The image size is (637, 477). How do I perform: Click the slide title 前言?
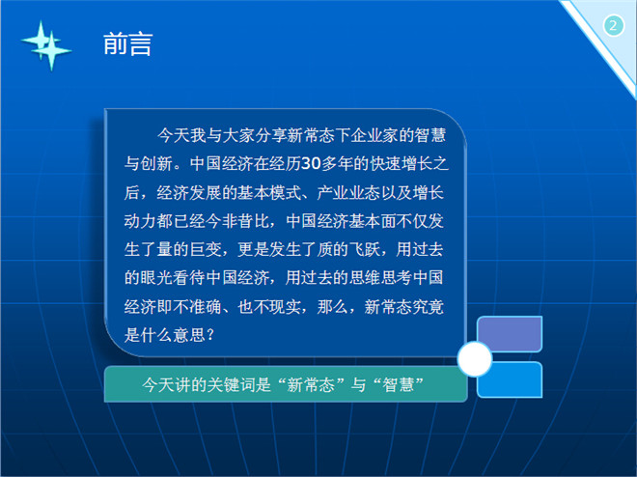pos(128,43)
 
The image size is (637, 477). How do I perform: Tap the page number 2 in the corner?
pos(614,26)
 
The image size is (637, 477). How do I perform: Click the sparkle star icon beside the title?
pos(46,45)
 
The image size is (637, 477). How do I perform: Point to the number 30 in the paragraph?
pos(311,163)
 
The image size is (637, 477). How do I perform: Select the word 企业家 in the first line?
pos(374,135)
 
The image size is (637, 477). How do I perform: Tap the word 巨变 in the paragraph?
pos(206,249)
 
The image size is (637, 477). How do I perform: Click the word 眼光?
pos(156,277)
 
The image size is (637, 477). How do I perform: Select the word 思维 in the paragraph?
pos(365,277)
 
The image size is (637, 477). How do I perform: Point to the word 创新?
pos(156,163)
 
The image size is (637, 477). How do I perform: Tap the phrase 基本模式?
pos(269,192)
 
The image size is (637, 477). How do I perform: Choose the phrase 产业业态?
pos(348,192)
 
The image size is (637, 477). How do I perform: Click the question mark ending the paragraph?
pos(210,335)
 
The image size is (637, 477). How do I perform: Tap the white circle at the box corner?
pos(475,359)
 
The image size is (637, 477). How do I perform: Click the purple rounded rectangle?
pos(510,334)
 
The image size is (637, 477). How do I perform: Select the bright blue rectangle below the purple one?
pos(510,379)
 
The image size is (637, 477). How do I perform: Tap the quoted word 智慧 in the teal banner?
pos(398,384)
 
